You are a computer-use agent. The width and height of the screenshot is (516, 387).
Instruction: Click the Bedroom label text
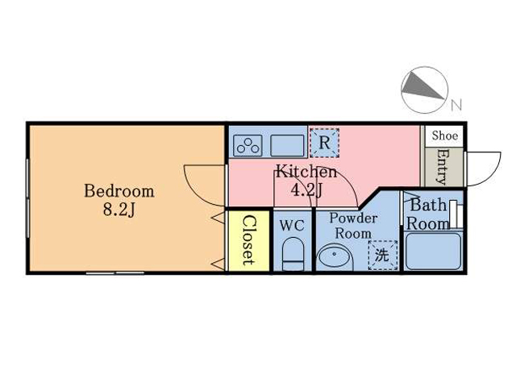[x=119, y=191]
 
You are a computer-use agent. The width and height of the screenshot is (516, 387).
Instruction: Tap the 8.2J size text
[x=119, y=210]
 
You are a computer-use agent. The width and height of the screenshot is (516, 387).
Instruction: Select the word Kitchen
[x=306, y=172]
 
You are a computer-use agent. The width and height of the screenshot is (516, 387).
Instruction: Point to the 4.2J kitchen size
[x=306, y=189]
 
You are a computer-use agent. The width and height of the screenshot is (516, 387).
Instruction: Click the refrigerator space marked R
[x=324, y=143]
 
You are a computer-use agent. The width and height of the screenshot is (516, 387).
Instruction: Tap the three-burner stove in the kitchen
[x=248, y=145]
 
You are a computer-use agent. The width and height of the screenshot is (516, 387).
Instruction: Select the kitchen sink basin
[x=287, y=145]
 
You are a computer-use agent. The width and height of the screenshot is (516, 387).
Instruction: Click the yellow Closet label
[x=249, y=240]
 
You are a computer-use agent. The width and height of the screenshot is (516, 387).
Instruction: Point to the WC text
[x=292, y=226]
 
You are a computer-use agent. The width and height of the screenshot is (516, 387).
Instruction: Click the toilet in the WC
[x=293, y=254]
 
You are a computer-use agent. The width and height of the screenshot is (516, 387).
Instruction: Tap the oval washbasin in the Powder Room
[x=335, y=257]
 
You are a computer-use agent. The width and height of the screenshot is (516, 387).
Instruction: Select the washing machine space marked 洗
[x=383, y=256]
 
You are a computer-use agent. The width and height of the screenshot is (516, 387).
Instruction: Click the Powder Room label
[x=353, y=226]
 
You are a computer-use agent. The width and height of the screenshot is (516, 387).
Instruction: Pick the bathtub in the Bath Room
[x=433, y=252]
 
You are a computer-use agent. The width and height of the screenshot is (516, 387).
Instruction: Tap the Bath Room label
[x=428, y=214]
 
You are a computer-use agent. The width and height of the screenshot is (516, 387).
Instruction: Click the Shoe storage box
[x=444, y=136]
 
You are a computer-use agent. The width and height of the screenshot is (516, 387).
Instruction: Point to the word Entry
[x=443, y=167]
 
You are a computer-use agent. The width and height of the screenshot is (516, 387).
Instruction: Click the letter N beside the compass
[x=456, y=105]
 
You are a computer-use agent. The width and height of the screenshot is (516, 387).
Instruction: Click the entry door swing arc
[x=493, y=173]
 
